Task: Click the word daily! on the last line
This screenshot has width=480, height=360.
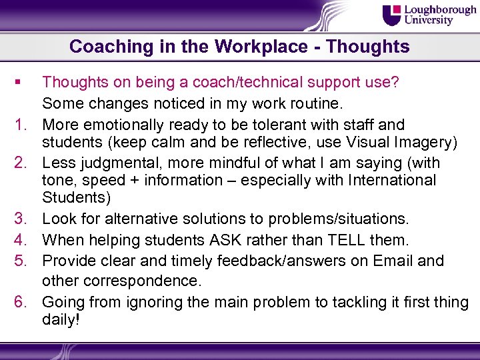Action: [x=61, y=320]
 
